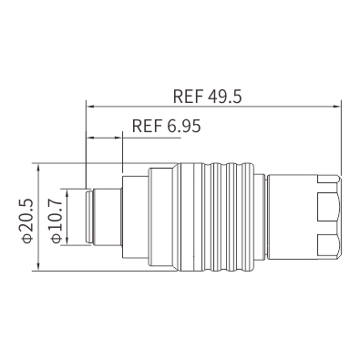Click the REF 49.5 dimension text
208,97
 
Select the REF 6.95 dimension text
167,126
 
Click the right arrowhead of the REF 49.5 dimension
337,107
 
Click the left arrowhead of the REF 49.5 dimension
90,107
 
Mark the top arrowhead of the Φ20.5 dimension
38,168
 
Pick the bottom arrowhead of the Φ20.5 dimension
38,266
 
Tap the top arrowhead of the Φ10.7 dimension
67,192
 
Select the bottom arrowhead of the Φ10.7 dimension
67,241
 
